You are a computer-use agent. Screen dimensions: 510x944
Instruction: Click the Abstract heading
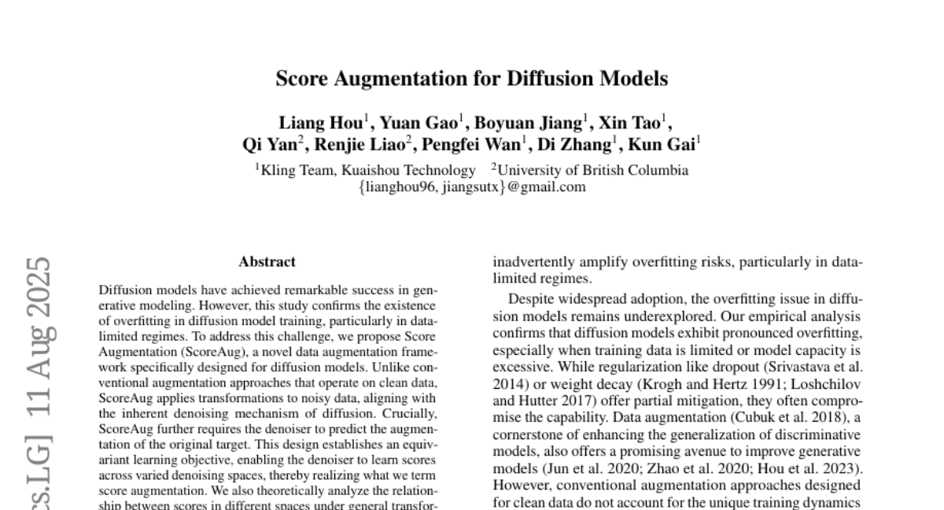point(267,261)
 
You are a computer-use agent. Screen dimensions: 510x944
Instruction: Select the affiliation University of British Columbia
point(593,170)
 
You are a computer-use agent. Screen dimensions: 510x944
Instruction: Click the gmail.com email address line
point(472,187)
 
